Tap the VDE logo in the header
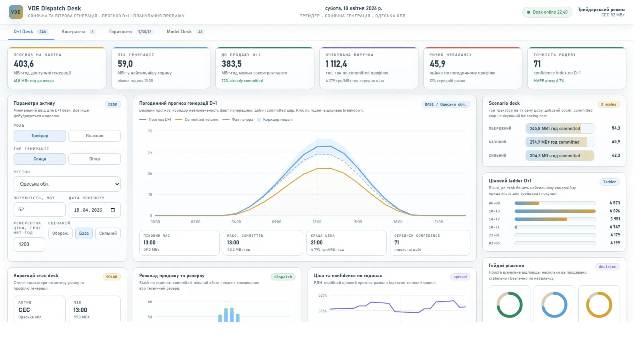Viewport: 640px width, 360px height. tap(16, 12)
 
